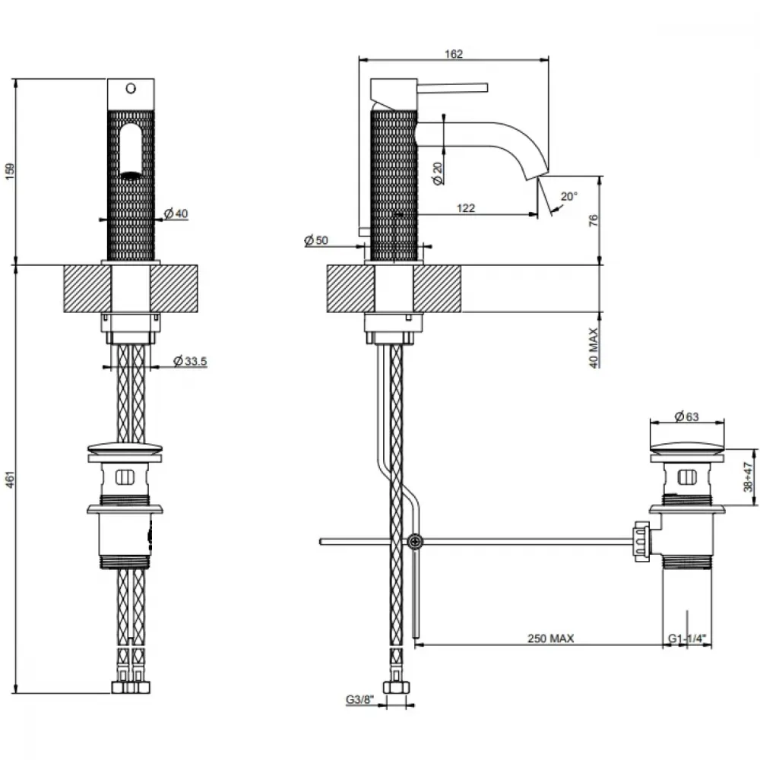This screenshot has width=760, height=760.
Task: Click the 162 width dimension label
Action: click(453, 54)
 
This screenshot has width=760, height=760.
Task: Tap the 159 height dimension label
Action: click(10, 172)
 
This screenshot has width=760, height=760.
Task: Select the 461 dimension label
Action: click(10, 479)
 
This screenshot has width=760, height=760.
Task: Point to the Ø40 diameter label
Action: click(176, 214)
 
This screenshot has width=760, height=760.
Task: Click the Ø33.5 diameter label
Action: click(190, 360)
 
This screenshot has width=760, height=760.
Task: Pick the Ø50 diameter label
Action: click(316, 240)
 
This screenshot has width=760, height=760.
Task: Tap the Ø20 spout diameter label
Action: click(438, 173)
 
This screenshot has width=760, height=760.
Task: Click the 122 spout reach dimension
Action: click(466, 208)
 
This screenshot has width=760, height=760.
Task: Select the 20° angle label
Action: click(569, 196)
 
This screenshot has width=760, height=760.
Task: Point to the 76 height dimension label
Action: click(594, 220)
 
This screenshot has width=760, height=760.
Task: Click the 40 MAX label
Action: click(594, 348)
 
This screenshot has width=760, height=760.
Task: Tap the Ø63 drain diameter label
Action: click(686, 416)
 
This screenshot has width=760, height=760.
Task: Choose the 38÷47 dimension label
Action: click(749, 477)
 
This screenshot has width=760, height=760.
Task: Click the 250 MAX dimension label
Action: click(550, 638)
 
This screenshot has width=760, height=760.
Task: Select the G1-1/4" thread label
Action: click(687, 638)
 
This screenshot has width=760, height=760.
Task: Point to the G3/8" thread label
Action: click(359, 699)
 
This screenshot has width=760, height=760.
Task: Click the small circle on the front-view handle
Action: click(131, 89)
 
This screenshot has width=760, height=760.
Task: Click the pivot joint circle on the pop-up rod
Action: click(415, 541)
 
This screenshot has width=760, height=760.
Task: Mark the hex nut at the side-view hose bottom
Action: click(396, 687)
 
